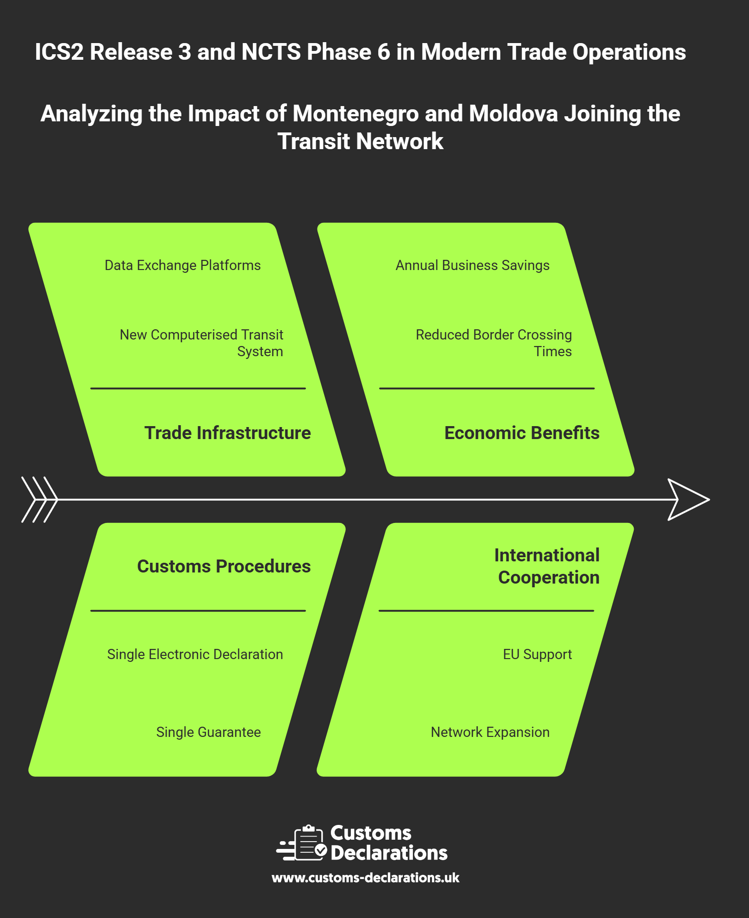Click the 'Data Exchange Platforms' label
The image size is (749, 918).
click(182, 265)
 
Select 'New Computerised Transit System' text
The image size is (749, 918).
click(201, 343)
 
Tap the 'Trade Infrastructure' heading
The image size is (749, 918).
click(227, 433)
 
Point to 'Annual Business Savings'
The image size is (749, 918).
click(472, 265)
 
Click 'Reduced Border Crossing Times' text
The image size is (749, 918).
click(493, 343)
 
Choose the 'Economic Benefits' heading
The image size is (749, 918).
click(522, 433)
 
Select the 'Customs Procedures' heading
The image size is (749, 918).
click(224, 566)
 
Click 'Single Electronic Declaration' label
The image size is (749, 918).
click(195, 654)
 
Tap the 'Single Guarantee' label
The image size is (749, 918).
click(208, 732)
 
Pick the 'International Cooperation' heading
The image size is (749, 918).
click(547, 566)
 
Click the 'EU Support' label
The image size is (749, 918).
click(537, 654)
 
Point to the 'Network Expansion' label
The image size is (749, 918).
click(490, 732)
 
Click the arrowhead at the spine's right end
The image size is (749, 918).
click(688, 500)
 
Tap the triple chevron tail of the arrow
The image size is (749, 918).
click(40, 500)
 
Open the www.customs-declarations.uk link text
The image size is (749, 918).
click(365, 878)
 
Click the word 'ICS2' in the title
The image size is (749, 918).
click(59, 52)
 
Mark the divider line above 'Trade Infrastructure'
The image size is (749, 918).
click(198, 388)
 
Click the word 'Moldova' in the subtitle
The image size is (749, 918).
click(513, 114)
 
